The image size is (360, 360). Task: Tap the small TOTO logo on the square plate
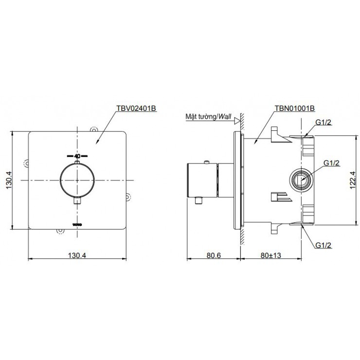coord(77,223)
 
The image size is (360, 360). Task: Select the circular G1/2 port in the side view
coord(301,180)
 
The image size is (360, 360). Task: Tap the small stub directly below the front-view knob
coord(77,200)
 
